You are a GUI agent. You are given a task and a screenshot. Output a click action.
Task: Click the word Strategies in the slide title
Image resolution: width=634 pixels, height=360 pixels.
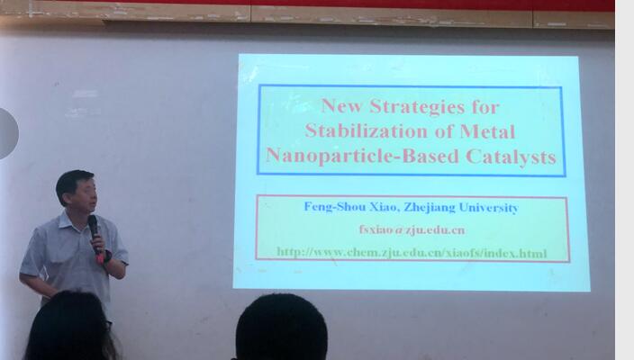tap(417, 107)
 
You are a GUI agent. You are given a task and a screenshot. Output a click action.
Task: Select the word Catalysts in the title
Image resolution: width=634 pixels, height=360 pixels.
tap(512, 156)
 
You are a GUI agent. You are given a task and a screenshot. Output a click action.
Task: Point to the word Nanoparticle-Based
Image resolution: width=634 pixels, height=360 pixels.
tap(362, 156)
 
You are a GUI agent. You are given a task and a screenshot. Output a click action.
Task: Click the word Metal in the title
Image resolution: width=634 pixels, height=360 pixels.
tap(487, 131)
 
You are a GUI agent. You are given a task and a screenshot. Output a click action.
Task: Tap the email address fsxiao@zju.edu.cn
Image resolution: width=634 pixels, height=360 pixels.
tap(412, 229)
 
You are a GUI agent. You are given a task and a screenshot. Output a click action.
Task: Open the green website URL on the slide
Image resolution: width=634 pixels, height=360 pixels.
tap(412, 253)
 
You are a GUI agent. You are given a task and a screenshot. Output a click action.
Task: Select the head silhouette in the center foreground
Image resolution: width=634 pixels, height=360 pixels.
tap(281, 328)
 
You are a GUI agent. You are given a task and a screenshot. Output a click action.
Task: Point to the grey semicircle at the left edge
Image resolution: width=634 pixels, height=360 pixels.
tap(8, 133)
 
